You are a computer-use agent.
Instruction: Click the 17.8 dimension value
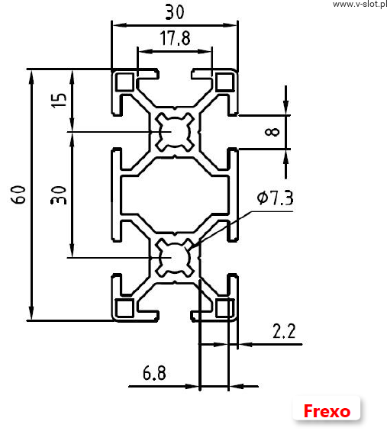click(x=175, y=38)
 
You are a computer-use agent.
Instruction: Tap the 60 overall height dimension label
click(x=18, y=195)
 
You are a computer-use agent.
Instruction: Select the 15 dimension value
click(x=59, y=101)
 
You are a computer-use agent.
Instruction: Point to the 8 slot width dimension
click(x=272, y=132)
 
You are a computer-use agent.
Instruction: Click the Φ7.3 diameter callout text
click(x=275, y=198)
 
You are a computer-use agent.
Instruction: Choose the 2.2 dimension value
click(x=284, y=331)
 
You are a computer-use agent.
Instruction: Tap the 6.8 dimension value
click(x=154, y=373)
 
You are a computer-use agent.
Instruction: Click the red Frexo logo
click(x=327, y=411)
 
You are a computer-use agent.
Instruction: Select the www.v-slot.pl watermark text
click(x=360, y=4)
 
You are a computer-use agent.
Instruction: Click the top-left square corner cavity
click(x=125, y=82)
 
